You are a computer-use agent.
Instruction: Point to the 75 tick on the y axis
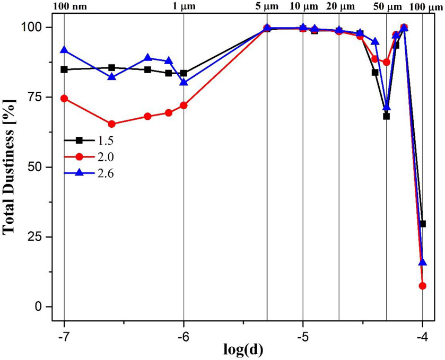click(40, 97)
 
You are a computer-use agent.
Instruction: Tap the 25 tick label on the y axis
click(40, 236)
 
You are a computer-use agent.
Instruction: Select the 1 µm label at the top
click(183, 6)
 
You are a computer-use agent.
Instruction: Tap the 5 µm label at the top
click(267, 6)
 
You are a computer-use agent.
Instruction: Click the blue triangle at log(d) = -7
click(64, 50)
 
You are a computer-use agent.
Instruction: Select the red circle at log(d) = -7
click(64, 98)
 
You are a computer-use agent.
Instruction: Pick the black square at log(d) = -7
click(64, 69)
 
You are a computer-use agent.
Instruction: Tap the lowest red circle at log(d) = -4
click(422, 286)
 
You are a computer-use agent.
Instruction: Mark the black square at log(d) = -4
click(422, 224)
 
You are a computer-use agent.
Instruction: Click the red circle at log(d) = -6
click(184, 106)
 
